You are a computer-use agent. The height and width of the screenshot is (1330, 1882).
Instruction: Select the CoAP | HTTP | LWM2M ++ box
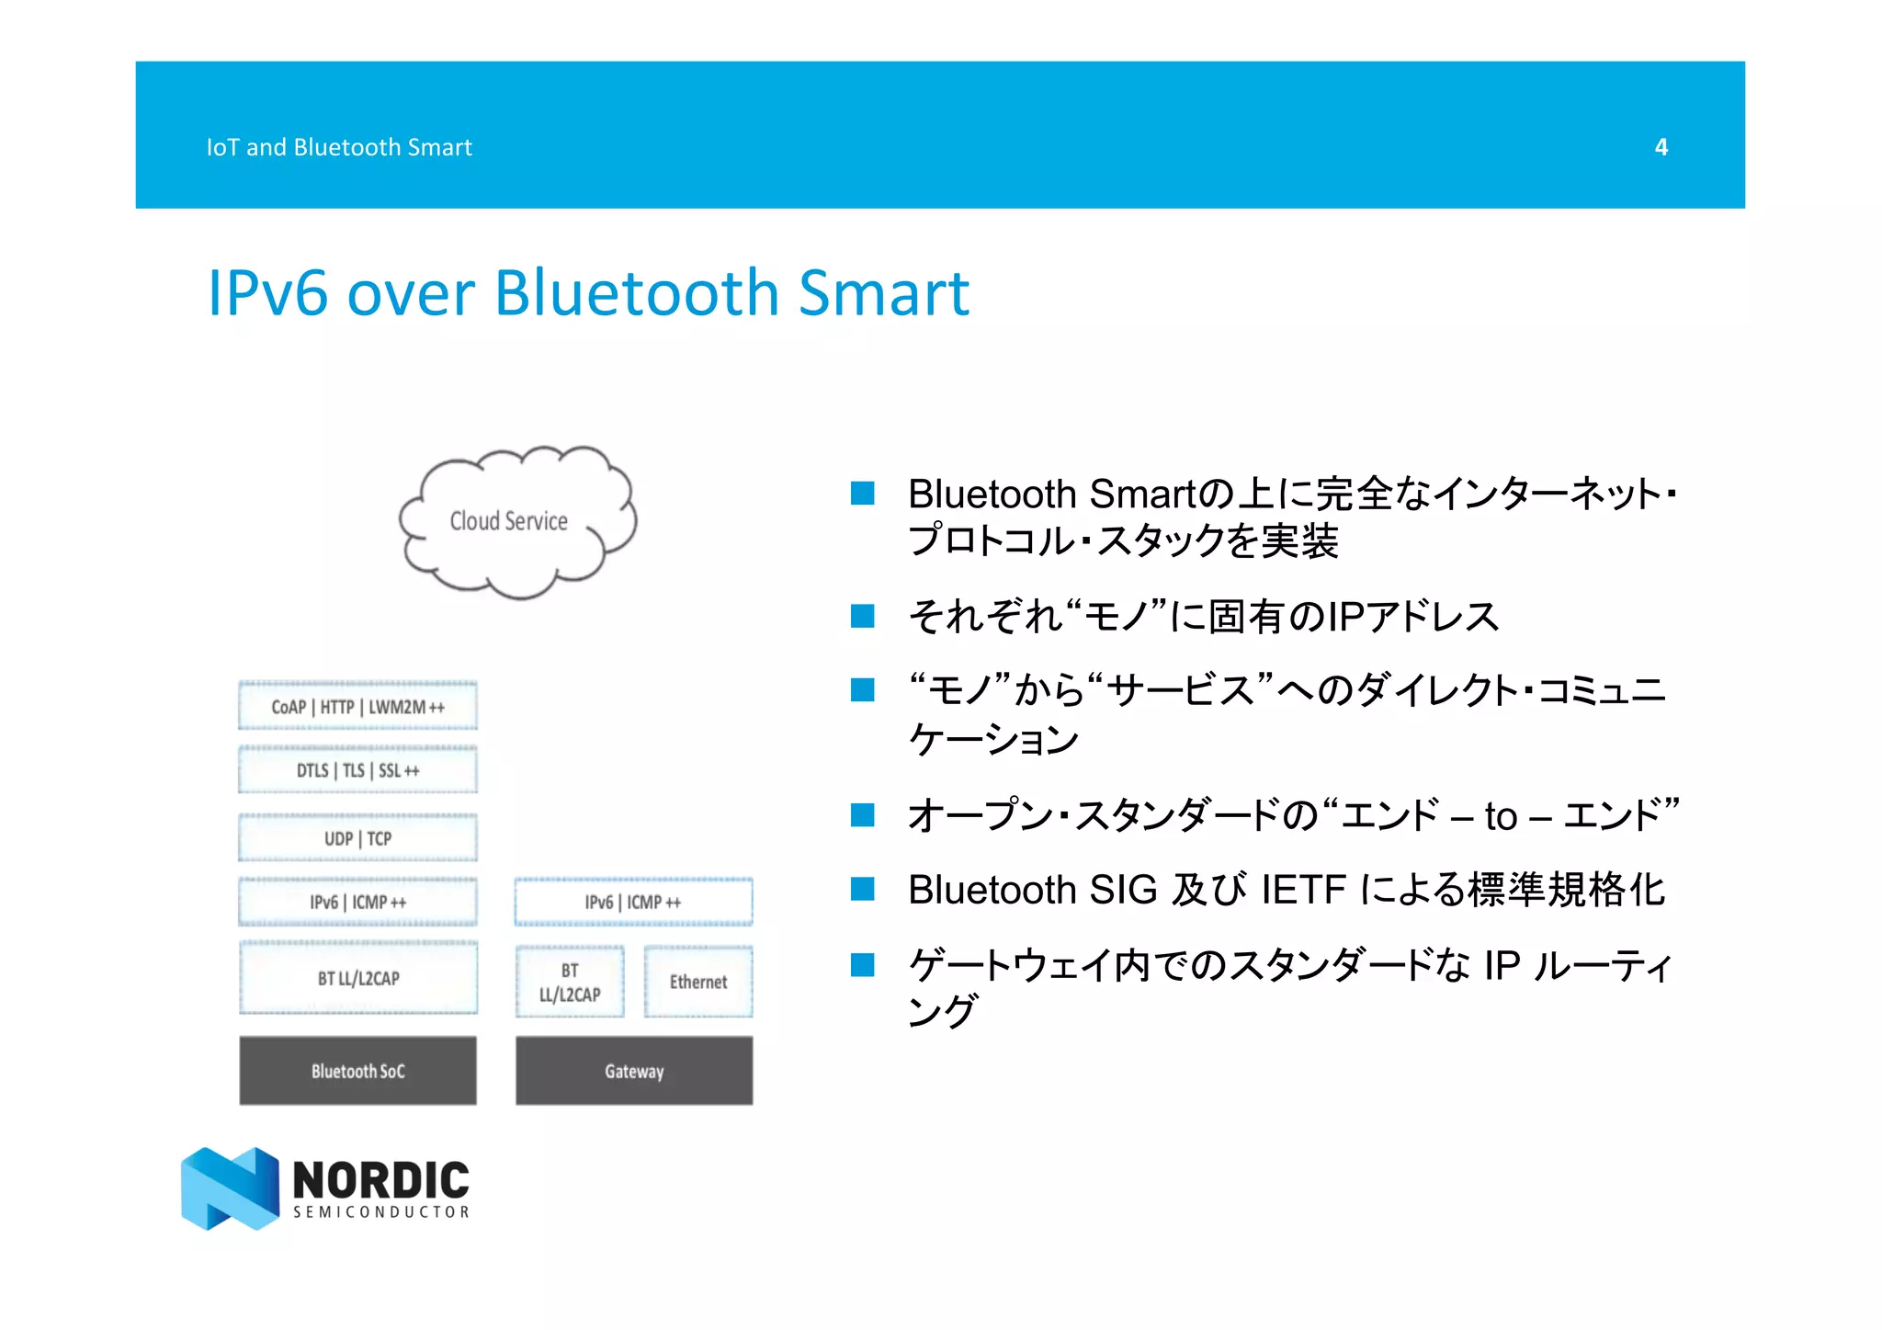pyautogui.click(x=357, y=706)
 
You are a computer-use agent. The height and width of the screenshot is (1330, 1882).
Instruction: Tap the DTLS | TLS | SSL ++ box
pyautogui.click(x=357, y=770)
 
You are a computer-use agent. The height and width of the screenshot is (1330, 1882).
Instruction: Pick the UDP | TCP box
pyautogui.click(x=357, y=838)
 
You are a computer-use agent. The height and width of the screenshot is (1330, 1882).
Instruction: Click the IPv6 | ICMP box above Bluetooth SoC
pyautogui.click(x=357, y=902)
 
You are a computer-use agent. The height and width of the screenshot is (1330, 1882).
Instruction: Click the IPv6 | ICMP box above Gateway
pyautogui.click(x=633, y=902)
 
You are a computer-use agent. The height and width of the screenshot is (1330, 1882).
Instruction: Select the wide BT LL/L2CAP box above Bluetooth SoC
pyautogui.click(x=357, y=978)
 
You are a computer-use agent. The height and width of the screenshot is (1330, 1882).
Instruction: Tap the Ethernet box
pyautogui.click(x=698, y=982)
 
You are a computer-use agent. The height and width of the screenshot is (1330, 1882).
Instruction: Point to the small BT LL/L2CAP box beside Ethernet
pyautogui.click(x=570, y=982)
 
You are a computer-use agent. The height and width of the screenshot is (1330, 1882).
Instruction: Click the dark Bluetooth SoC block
pyautogui.click(x=357, y=1071)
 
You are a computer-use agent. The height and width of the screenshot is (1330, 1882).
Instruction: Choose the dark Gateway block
pyautogui.click(x=633, y=1071)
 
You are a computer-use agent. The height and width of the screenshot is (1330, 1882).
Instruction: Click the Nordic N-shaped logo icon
pyautogui.click(x=230, y=1188)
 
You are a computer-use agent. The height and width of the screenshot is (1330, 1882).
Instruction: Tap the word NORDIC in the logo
pyautogui.click(x=380, y=1179)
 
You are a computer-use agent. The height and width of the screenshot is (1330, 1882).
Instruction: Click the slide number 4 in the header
pyautogui.click(x=1661, y=147)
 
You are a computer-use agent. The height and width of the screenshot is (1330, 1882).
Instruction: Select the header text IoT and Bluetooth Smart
pyautogui.click(x=338, y=147)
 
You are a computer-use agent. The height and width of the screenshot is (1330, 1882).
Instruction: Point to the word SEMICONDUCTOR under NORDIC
pyautogui.click(x=381, y=1212)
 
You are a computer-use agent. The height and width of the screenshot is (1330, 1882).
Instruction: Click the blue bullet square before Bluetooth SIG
pyautogui.click(x=862, y=889)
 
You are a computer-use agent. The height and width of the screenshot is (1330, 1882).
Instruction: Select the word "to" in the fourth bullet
pyautogui.click(x=1500, y=816)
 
